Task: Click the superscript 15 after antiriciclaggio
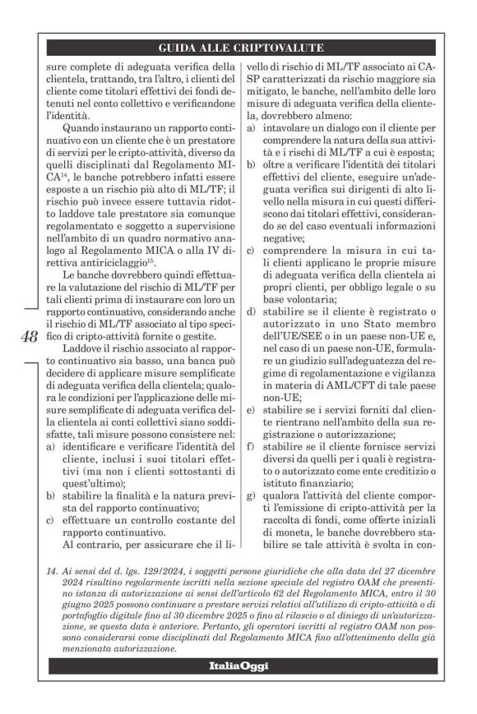click(160, 266)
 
